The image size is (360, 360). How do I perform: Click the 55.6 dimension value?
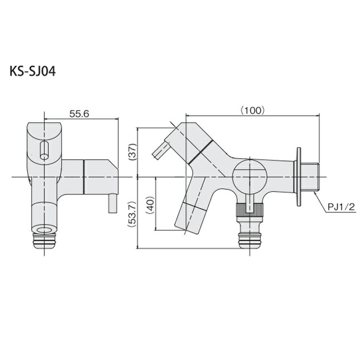click(79, 114)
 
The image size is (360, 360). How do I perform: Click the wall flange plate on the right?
click(299, 177)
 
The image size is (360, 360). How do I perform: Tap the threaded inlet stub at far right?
click(312, 177)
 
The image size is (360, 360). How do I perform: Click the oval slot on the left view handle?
click(44, 149)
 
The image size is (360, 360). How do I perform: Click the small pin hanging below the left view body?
click(113, 204)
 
